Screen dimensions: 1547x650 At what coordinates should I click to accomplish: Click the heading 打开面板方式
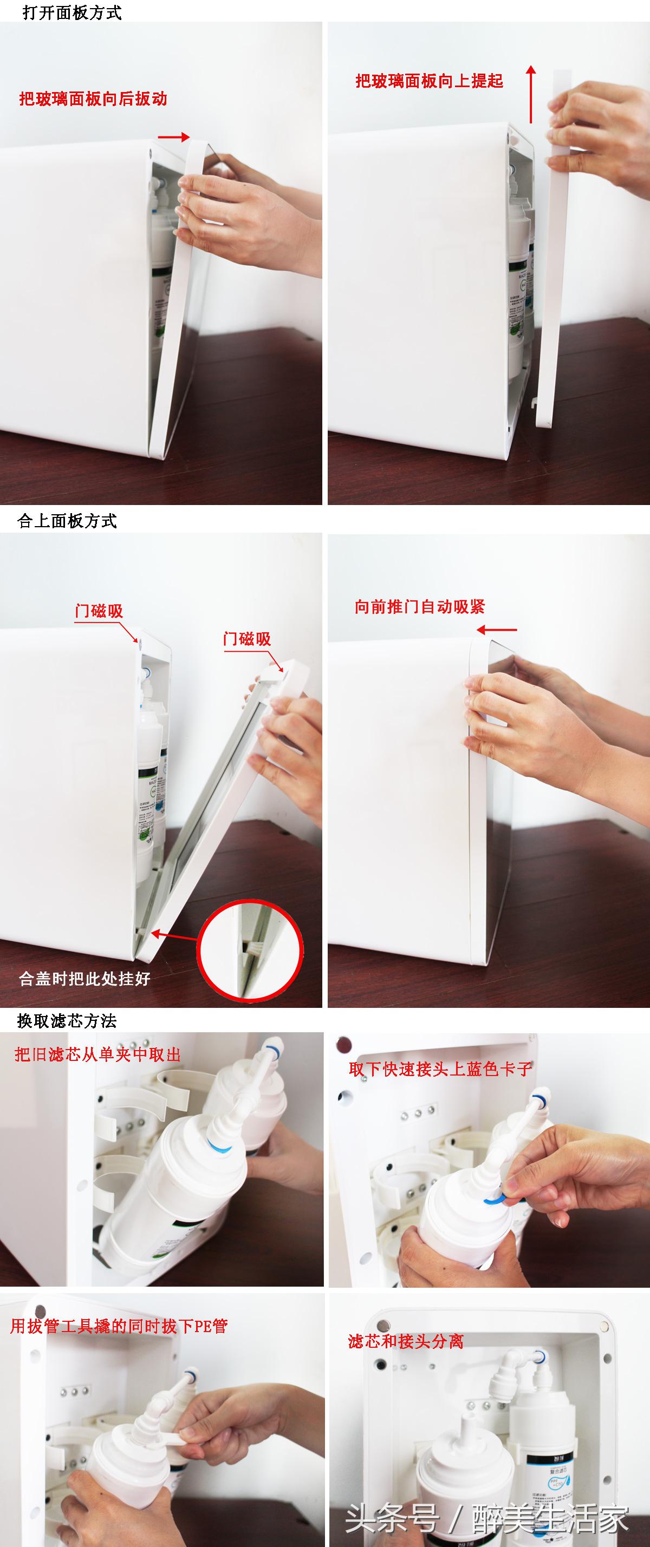(72, 12)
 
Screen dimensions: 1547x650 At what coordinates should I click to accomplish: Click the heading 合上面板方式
(67, 521)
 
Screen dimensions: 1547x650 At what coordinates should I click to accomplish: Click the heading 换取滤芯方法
(67, 1020)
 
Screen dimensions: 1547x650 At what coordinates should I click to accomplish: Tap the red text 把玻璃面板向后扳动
(93, 99)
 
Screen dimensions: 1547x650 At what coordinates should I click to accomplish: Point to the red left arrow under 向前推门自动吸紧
(497, 630)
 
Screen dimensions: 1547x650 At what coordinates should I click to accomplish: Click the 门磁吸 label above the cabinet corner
(99, 611)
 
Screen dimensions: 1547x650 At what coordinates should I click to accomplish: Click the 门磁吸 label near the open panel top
(247, 639)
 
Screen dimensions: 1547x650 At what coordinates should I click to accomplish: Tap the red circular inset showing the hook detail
(250, 950)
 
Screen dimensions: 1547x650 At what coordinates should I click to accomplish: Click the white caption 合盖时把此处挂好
(84, 979)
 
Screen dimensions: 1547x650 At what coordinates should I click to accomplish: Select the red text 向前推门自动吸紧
(420, 607)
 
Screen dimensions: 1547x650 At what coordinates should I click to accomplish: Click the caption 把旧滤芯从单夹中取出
(98, 1054)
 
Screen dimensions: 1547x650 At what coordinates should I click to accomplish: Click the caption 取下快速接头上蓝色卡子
(440, 1069)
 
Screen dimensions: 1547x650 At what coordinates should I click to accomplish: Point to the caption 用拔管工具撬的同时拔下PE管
(119, 1326)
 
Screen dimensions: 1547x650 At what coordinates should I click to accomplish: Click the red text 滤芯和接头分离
(406, 1341)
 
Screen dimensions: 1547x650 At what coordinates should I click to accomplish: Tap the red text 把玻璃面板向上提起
(429, 81)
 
